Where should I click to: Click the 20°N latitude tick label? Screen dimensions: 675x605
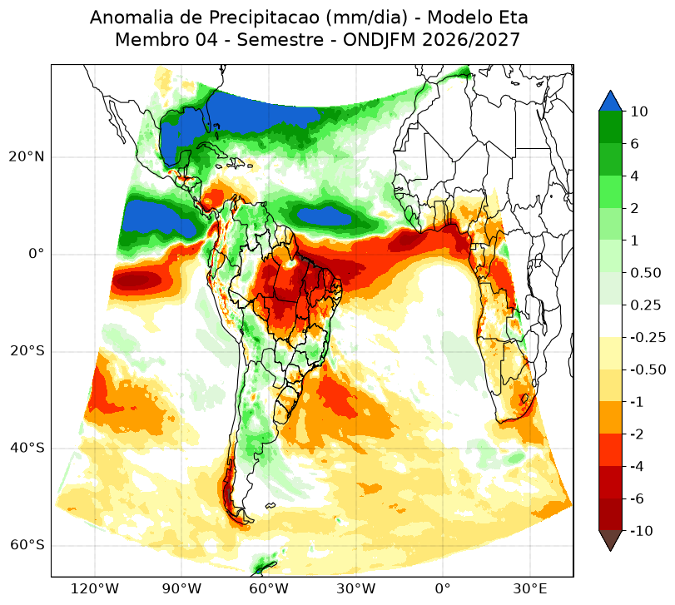(27, 156)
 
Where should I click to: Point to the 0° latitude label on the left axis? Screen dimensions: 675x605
(37, 254)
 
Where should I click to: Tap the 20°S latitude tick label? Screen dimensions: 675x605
(27, 351)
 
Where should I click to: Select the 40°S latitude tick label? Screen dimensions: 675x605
(27, 448)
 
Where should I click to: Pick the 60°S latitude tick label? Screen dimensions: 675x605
(27, 545)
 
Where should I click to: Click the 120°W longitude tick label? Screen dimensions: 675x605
(94, 588)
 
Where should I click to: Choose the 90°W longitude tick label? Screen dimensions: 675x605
(181, 588)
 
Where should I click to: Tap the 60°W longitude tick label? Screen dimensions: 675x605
(269, 588)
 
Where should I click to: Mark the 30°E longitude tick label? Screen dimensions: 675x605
(530, 588)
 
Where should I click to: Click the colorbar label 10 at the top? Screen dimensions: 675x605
(639, 112)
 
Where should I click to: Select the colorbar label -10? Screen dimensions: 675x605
(642, 531)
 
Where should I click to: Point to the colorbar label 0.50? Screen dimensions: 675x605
(646, 273)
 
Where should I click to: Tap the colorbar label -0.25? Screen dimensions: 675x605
(648, 337)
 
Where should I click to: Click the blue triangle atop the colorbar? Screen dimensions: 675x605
(610, 102)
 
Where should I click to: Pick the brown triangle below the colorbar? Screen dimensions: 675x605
(610, 540)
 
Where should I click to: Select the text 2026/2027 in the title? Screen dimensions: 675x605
(471, 40)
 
